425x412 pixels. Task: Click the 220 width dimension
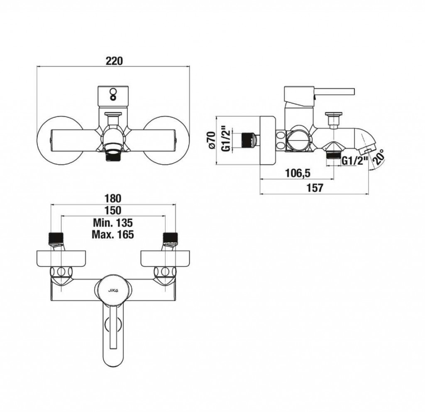click(114, 61)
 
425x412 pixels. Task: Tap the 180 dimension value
click(113, 199)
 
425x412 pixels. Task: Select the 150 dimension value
click(113, 211)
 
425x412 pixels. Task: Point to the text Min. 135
click(113, 223)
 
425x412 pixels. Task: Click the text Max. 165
click(113, 234)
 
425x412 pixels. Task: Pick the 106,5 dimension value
click(298, 173)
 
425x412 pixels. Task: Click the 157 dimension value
click(315, 188)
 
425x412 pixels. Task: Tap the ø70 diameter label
click(211, 140)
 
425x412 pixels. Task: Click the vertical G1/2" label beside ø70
click(226, 139)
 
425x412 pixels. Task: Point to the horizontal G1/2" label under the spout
click(354, 160)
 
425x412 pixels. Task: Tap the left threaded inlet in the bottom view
click(56, 237)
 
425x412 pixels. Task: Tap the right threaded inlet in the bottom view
click(171, 237)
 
